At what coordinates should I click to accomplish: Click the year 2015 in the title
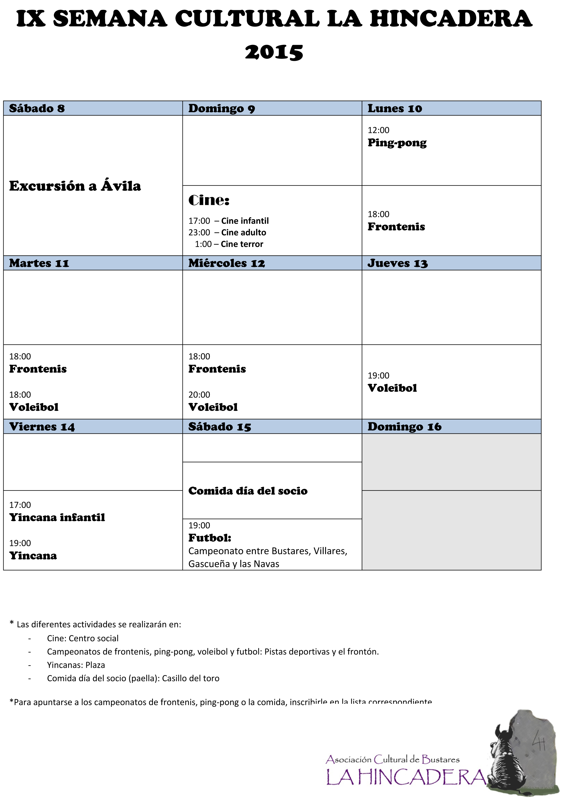pos(274,52)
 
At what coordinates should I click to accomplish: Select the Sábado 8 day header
pos(37,108)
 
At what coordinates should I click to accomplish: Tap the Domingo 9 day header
pos(221,108)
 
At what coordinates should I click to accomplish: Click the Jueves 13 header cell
pos(397,263)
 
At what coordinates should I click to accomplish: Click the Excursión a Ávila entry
pos(75,186)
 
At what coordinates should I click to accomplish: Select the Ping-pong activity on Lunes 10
pos(397,143)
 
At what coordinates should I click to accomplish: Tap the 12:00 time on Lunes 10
pos(378,130)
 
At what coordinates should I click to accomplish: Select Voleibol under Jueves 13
pos(392,388)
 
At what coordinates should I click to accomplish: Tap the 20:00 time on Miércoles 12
pos(199,395)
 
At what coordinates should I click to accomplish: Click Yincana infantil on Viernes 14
pos(57,518)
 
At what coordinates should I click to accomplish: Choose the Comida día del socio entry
pos(248,491)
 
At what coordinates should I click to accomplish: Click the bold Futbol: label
pos(210,538)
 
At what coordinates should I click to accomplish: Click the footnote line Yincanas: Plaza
pos(76,665)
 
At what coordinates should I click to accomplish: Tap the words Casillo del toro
pos(191,678)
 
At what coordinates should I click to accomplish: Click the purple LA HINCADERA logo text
pos(406,778)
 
